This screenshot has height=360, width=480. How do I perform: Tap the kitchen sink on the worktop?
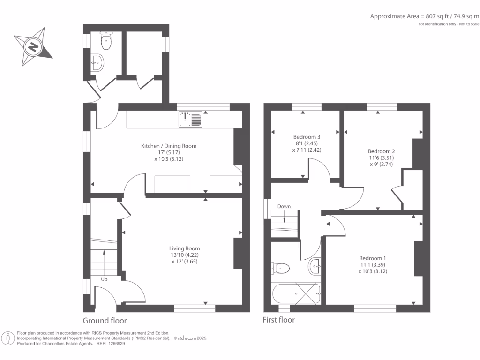pos(190,119)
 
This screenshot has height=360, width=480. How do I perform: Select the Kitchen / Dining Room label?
pos(169,146)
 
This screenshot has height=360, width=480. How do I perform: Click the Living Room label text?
pos(185,248)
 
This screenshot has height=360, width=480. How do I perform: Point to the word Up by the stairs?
pos(104,279)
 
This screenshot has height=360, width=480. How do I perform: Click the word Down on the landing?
pos(284,206)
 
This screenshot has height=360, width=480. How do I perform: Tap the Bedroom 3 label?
pos(304,137)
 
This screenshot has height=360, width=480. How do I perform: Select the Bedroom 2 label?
pos(381,151)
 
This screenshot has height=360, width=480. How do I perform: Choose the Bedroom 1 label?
pos(373,258)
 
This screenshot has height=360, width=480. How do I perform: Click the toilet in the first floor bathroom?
pos(280,268)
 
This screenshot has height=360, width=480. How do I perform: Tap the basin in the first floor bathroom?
pos(315,267)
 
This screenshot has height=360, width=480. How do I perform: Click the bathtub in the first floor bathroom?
pos(296,294)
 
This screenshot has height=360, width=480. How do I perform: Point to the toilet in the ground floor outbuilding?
pos(106,42)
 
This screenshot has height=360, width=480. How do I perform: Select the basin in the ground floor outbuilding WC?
pos(97,62)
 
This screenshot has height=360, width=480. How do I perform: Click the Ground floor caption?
pos(105,321)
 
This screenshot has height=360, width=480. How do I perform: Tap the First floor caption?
pos(279,320)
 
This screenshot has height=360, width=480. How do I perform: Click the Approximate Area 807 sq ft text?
pos(425,16)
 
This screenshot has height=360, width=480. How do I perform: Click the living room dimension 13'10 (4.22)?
pos(185,255)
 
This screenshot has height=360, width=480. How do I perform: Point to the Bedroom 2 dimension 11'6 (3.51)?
pos(381,158)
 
